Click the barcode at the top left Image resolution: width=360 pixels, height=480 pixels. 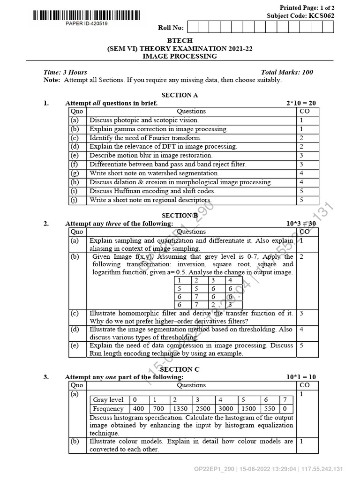point(86,15)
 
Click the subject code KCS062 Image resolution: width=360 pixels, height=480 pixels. point(321,15)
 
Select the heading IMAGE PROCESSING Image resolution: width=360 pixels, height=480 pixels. point(180,56)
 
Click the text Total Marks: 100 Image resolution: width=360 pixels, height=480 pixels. point(287,72)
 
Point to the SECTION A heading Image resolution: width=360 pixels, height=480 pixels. point(180,95)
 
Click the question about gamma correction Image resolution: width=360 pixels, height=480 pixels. point(158,129)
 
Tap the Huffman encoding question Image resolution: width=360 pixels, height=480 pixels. point(152,191)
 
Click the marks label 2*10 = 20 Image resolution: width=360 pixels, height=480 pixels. point(301,103)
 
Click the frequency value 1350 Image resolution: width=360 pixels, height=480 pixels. point(180,409)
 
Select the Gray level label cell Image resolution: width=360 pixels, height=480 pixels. point(108,400)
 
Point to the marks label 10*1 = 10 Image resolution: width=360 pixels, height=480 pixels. point(301,377)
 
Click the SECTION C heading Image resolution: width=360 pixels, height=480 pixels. point(180,369)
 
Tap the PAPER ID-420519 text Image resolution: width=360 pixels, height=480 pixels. point(86,23)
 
